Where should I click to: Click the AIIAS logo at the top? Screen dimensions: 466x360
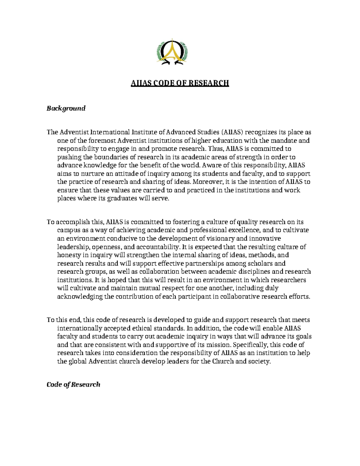pos(171,52)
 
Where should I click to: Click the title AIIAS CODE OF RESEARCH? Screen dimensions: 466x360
pos(180,83)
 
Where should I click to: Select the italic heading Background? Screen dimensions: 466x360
pos(66,108)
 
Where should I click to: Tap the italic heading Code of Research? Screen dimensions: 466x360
pos(73,385)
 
